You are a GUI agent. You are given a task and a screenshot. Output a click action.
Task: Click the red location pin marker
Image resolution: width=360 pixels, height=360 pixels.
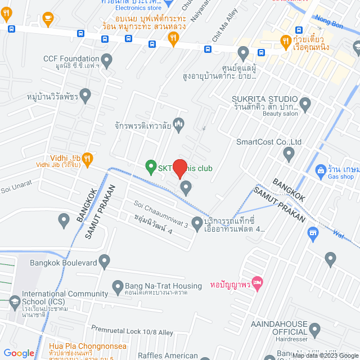tap(179, 168)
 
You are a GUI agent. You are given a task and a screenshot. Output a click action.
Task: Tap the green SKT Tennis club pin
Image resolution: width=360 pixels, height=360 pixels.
tap(151, 166)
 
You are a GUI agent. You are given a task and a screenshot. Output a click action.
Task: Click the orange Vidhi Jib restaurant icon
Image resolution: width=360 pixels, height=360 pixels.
tap(87, 158)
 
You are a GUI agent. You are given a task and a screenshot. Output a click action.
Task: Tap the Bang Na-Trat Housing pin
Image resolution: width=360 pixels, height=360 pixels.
tap(118, 287)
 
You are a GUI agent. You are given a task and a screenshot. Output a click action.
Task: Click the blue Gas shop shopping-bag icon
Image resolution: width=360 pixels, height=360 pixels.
tap(320, 169)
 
